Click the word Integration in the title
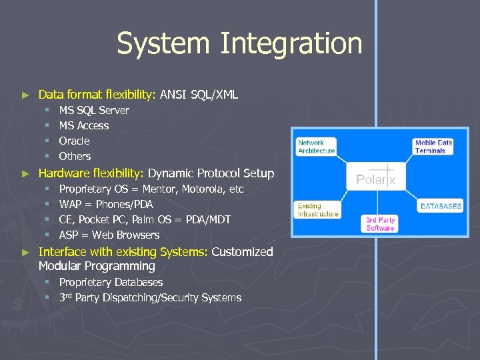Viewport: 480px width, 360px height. point(291,44)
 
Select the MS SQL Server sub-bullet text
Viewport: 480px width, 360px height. point(94,110)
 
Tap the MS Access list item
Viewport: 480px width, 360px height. point(84,125)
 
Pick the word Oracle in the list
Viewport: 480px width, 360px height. point(74,141)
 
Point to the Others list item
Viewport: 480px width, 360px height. point(75,156)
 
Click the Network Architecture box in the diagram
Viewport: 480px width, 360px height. point(316,147)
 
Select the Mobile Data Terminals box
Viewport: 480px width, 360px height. point(433,147)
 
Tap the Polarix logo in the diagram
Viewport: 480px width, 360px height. point(376,179)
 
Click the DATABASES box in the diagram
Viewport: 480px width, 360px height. point(441,207)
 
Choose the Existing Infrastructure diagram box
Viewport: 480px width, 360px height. point(318,210)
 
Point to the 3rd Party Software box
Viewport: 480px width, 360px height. point(380,224)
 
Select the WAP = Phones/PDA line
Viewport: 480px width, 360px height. point(106,204)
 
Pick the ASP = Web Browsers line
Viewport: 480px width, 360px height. point(109,235)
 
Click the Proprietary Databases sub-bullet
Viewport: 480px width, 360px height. point(111,282)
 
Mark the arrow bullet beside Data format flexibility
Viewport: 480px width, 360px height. point(26,95)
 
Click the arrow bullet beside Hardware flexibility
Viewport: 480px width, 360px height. point(26,173)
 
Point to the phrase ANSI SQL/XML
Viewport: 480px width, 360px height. point(199,95)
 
